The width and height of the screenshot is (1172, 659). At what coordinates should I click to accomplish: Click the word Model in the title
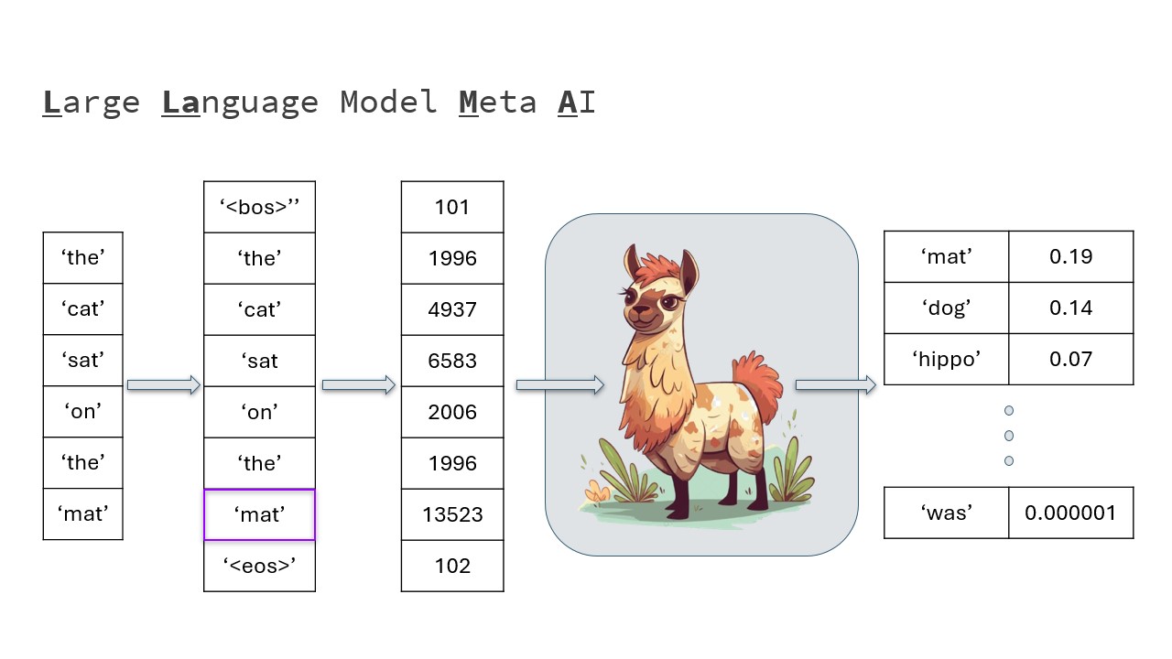[x=389, y=102]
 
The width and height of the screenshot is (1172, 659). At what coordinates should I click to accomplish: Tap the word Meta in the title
[x=497, y=102]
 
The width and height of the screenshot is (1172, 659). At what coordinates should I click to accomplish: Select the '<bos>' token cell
[x=259, y=207]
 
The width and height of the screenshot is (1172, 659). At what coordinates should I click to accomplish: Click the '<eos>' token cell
[x=259, y=566]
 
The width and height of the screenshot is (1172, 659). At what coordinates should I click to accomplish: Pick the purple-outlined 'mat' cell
[x=259, y=514]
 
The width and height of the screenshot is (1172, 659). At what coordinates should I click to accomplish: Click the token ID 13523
[x=452, y=514]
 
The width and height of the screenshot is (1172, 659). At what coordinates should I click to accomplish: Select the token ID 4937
[x=452, y=309]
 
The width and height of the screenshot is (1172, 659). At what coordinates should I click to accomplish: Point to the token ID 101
[x=452, y=207]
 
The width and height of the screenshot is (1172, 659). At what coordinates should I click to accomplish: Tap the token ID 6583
[x=452, y=361]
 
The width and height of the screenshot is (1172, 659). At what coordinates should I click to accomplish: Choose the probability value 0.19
[x=1070, y=256]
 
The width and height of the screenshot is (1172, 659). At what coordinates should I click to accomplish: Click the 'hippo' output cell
[x=946, y=359]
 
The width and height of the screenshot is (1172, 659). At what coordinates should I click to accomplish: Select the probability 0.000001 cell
[x=1070, y=513]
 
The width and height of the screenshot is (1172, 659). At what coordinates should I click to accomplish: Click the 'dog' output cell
[x=946, y=308]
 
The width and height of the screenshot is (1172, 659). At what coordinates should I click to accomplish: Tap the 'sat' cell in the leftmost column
[x=82, y=361]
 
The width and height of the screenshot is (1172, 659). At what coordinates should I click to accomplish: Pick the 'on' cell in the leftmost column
[x=82, y=412]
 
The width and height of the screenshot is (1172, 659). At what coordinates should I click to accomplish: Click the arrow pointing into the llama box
[x=559, y=385]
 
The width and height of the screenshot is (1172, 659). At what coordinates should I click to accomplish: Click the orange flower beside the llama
[x=597, y=492]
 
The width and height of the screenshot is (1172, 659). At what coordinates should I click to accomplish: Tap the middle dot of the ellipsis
[x=1009, y=436]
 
